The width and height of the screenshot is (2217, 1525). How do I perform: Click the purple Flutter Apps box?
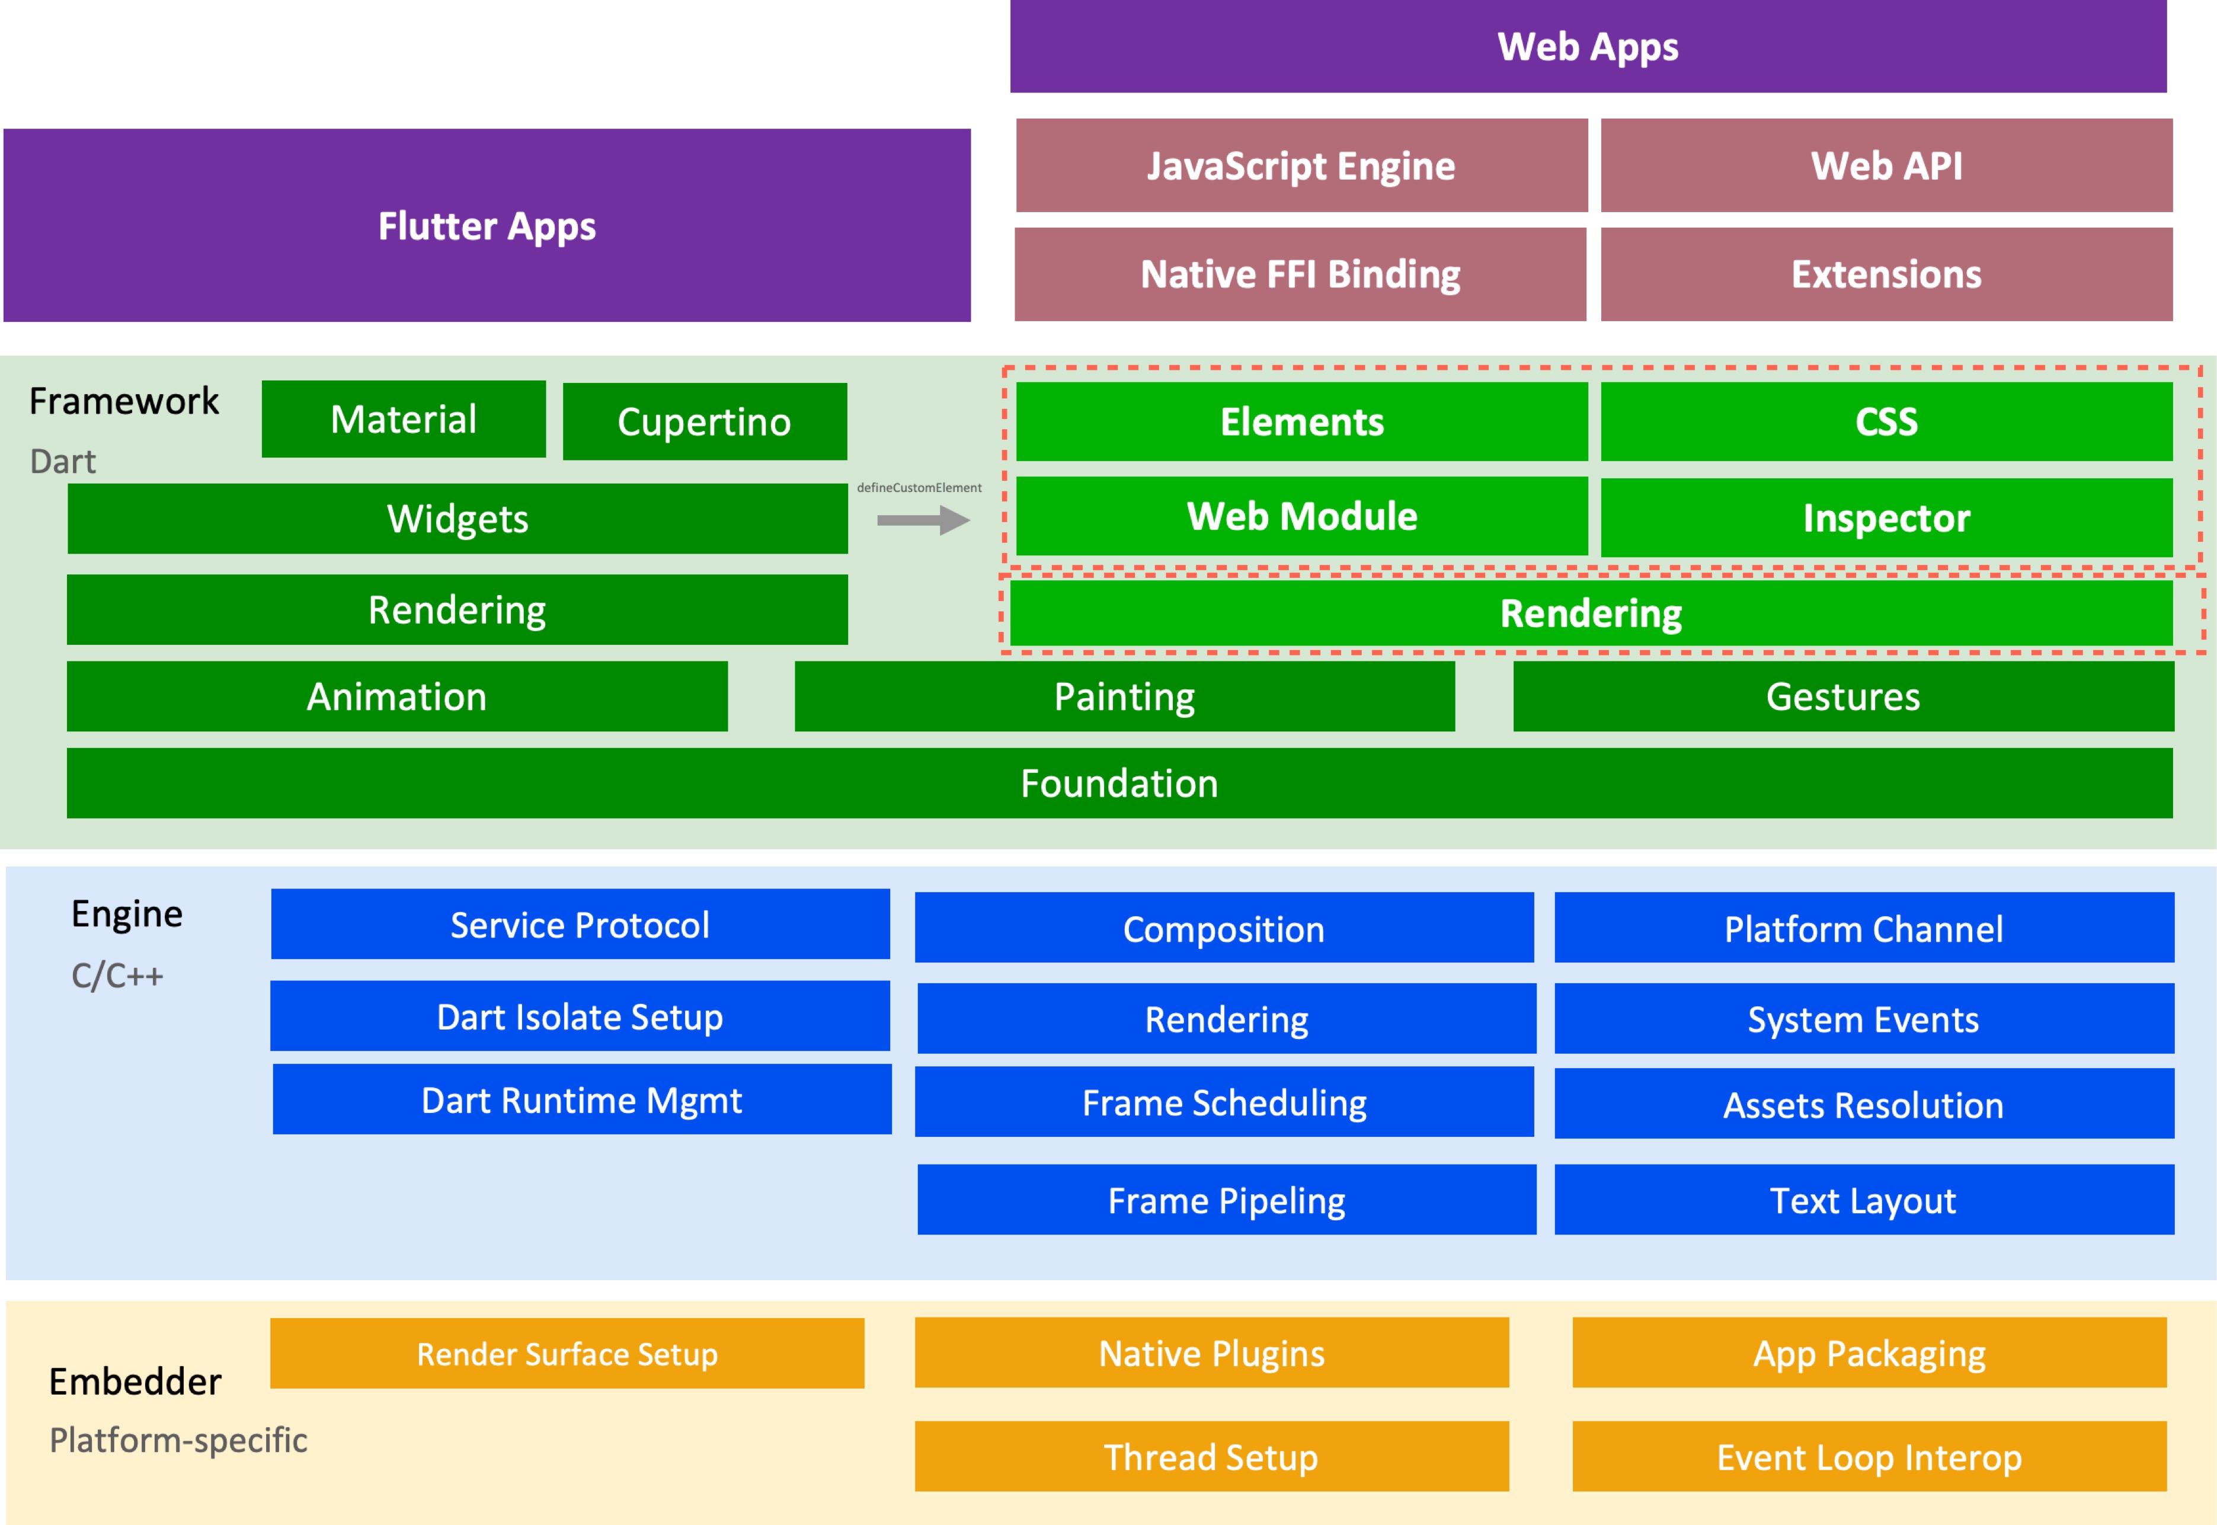487,225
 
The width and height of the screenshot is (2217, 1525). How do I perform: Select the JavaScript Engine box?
1301,165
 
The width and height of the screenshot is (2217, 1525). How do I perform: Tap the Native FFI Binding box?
1300,274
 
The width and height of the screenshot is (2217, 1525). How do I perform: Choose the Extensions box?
1886,274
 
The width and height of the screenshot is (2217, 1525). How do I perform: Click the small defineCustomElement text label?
919,487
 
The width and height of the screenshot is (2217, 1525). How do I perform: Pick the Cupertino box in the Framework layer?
704,421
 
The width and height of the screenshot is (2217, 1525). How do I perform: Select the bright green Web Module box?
1301,516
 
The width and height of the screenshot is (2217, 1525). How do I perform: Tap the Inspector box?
1886,517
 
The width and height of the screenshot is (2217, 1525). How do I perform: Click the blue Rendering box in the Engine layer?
1227,1019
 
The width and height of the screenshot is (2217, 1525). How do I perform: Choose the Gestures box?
1842,696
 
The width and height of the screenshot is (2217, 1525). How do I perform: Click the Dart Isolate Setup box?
580,1016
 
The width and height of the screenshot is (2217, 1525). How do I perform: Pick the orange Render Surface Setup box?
567,1353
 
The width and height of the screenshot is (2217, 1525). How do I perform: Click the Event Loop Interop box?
1869,1456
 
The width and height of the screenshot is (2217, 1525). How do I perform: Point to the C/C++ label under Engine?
117,976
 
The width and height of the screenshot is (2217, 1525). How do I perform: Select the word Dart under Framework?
63,462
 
